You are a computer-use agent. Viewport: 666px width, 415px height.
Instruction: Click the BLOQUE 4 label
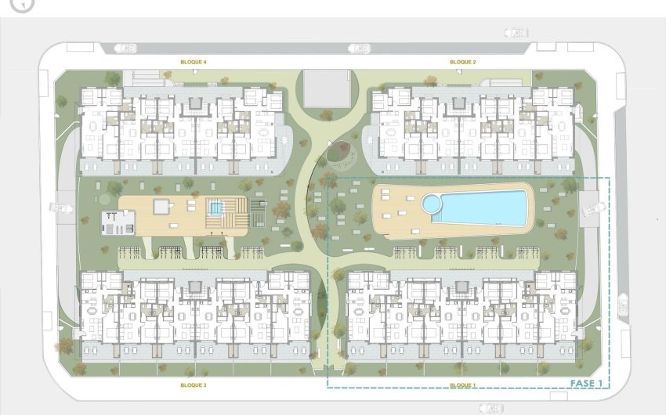tap(194, 62)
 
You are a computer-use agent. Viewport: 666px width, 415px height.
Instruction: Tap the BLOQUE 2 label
tap(463, 62)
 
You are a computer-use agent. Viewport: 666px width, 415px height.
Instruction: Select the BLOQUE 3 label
tap(194, 385)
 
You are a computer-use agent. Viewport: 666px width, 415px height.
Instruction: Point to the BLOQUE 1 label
tap(463, 385)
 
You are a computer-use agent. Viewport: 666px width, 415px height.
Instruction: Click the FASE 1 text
tap(587, 384)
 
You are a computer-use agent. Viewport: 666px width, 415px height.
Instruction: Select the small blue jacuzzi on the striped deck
tap(215, 209)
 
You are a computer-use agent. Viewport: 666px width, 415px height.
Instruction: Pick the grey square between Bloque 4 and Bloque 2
tap(327, 88)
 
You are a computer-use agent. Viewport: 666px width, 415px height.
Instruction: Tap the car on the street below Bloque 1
tap(492, 408)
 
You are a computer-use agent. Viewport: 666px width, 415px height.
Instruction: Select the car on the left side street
tap(60, 208)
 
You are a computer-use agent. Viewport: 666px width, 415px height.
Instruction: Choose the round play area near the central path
tap(342, 154)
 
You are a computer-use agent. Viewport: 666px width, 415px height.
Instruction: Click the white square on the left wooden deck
tap(163, 207)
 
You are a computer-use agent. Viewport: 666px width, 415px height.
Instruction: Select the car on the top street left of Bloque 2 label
tap(360, 49)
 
